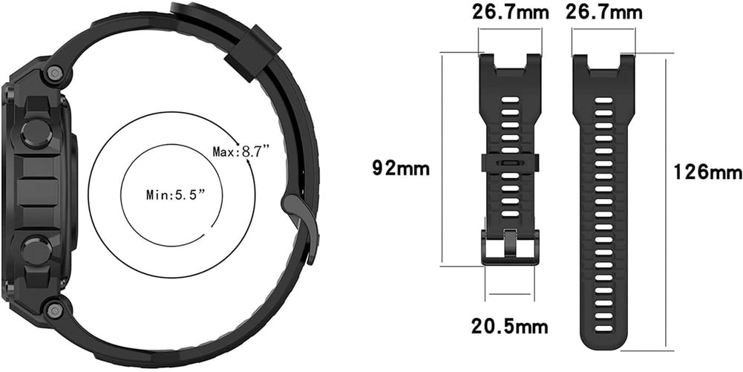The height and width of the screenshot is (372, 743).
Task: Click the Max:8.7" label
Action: click(241, 151)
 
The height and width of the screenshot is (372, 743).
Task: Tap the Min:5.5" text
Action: click(175, 195)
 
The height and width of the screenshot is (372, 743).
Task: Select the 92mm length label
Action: click(401, 169)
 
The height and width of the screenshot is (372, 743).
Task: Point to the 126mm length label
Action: click(708, 172)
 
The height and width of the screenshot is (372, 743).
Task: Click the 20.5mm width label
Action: click(509, 326)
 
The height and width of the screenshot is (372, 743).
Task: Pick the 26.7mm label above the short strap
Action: click(511, 13)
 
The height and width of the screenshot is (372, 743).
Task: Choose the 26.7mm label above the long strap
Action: click(603, 13)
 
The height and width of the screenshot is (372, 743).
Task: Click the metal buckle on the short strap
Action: click(510, 247)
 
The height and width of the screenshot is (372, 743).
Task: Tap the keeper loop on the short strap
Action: click(510, 163)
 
